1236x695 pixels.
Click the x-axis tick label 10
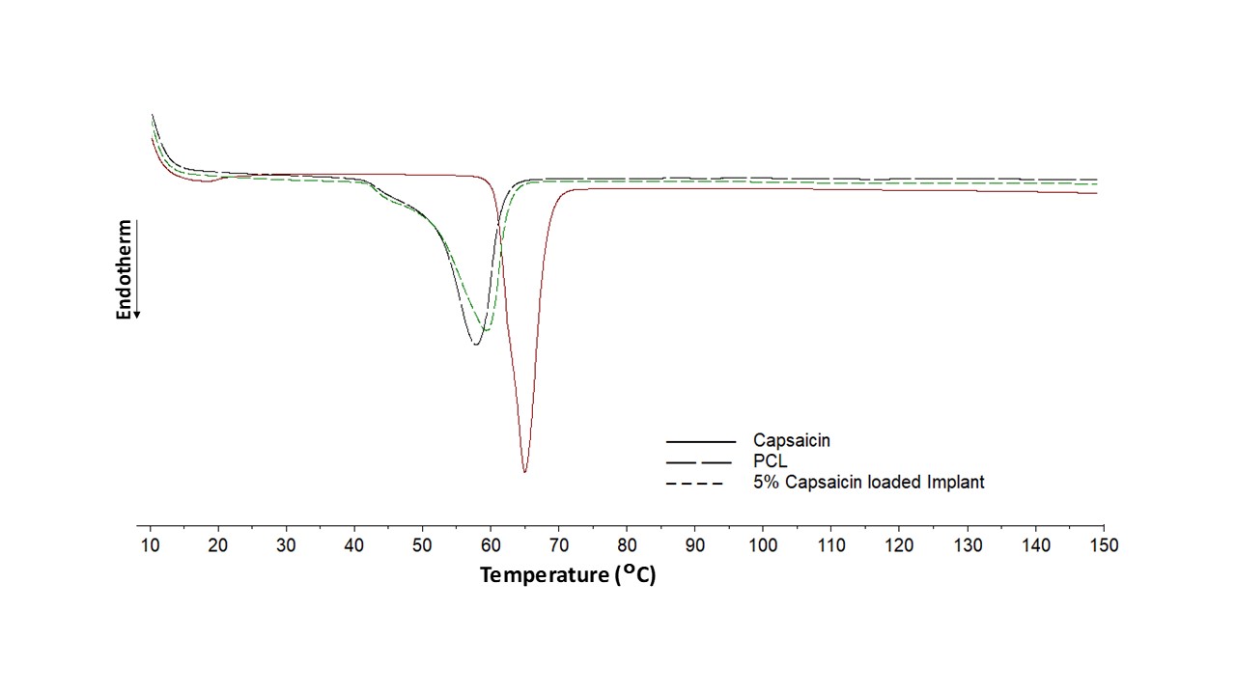151,545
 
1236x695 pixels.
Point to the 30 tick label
286,545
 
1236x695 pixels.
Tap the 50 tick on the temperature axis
422,545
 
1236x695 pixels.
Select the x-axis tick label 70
558,545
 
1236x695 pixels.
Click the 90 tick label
694,545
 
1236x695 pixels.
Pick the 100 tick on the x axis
763,545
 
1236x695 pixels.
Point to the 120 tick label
899,545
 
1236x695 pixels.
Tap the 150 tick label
1103,545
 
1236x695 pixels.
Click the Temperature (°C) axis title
568,575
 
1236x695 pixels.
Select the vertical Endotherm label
124,270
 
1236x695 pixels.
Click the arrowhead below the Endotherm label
137,314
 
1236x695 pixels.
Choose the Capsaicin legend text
792,441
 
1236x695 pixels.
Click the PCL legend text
770,461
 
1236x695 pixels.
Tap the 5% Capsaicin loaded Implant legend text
869,482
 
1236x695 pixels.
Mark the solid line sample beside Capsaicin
700,441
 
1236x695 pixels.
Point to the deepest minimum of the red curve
524,472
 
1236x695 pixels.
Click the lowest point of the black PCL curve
475,344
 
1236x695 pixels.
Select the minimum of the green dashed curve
485,330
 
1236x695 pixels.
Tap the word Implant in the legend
955,482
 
